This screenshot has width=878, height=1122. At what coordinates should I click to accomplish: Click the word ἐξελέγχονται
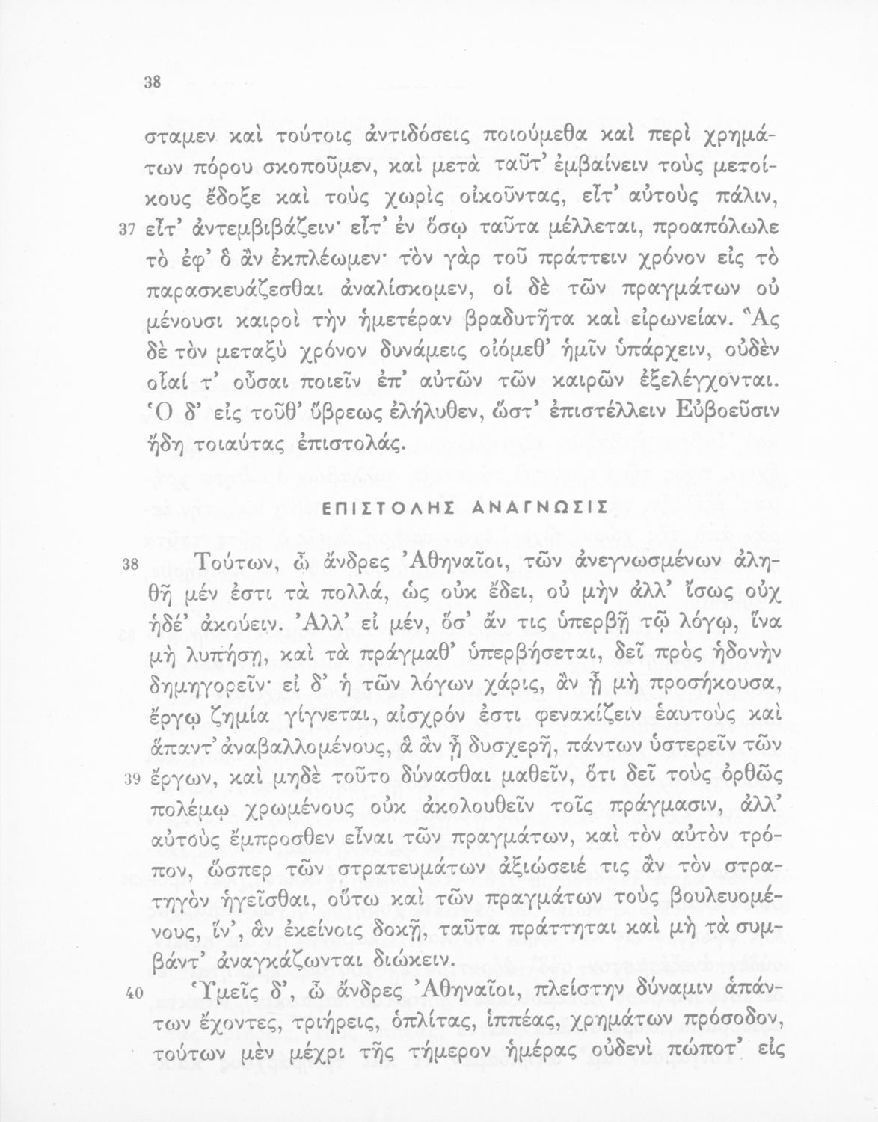(702, 380)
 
